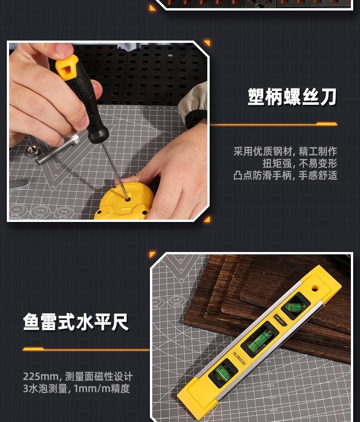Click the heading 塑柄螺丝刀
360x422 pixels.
[x=292, y=97]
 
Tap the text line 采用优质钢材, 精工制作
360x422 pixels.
[x=285, y=152]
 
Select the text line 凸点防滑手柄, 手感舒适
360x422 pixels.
[x=285, y=175]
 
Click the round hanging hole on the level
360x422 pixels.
[x=314, y=288]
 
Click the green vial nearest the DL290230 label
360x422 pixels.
[x=223, y=374]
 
